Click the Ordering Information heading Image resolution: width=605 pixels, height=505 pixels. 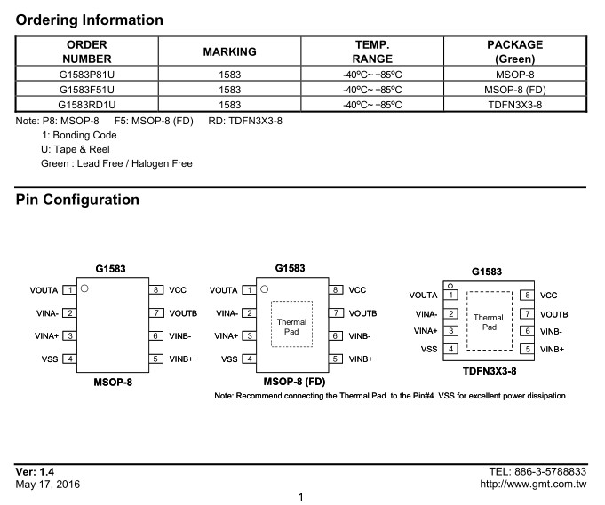click(89, 20)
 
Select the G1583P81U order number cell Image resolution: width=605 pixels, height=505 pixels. click(87, 75)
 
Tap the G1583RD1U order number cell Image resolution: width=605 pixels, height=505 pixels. click(87, 105)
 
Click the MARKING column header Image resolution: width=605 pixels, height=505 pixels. click(229, 51)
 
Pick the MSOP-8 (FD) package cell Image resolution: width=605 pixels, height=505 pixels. click(515, 90)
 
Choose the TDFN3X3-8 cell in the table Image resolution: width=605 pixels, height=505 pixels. click(515, 105)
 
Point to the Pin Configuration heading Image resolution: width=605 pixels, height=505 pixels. click(77, 200)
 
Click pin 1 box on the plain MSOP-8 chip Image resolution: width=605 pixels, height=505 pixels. click(70, 290)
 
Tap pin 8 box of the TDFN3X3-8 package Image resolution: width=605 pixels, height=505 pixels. click(527, 296)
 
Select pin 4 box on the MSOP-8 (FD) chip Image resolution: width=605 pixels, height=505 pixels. click(250, 359)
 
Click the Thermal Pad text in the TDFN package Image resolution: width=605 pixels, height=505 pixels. click(489, 322)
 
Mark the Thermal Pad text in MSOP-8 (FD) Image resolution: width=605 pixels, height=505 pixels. click(291, 327)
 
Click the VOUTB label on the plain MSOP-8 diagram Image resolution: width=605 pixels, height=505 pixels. click(183, 313)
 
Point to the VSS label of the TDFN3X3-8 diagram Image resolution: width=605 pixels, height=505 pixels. click(429, 350)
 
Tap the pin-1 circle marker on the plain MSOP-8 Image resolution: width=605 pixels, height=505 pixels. click(84, 288)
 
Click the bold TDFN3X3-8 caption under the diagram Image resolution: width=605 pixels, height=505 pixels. click(490, 371)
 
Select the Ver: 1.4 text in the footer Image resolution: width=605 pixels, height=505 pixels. click(35, 472)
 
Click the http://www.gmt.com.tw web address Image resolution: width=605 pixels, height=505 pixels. click(533, 485)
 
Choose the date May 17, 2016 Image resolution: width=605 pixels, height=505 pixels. click(47, 485)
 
